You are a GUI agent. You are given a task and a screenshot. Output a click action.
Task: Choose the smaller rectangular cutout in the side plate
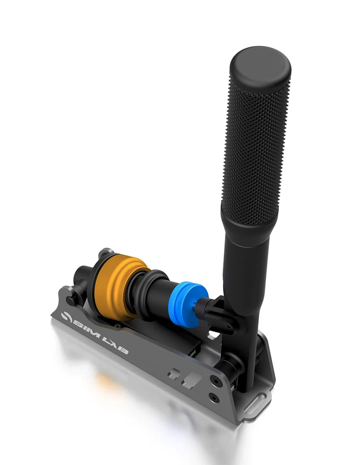[174, 373]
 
